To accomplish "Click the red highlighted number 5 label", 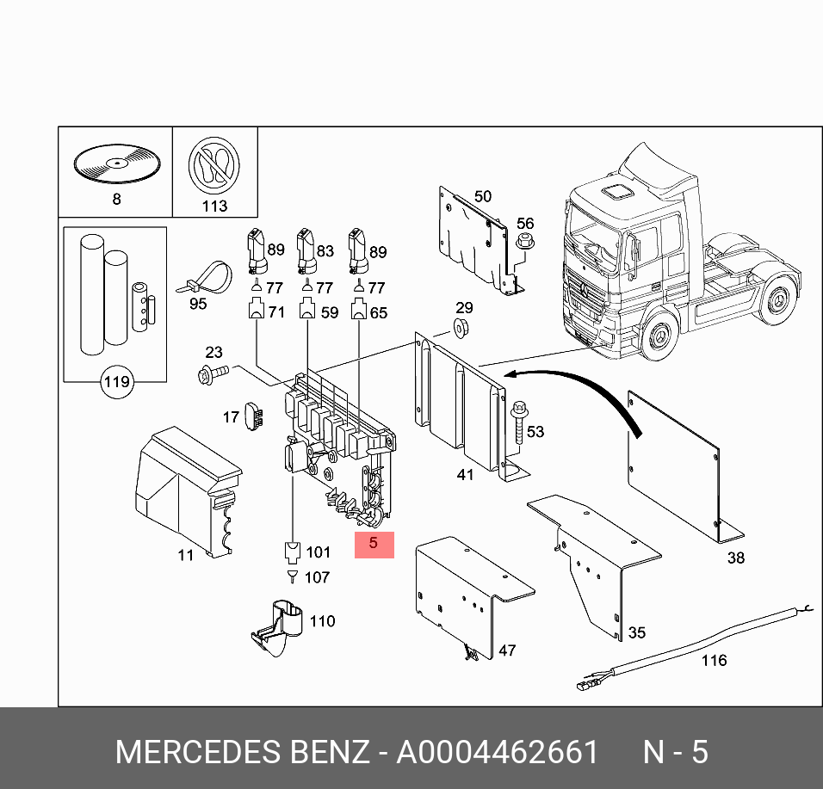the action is coord(374,544).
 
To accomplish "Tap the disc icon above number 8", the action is coord(115,163).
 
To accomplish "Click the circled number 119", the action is coord(116,382).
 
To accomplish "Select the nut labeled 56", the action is coord(524,248).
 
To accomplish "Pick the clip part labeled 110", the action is coord(280,629).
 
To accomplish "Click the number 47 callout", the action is coord(507,650).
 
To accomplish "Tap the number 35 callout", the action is coord(636,633).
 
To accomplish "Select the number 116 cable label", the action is coord(714,661).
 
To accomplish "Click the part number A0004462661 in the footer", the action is coord(497,753).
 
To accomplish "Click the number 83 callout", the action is coord(325,251).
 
